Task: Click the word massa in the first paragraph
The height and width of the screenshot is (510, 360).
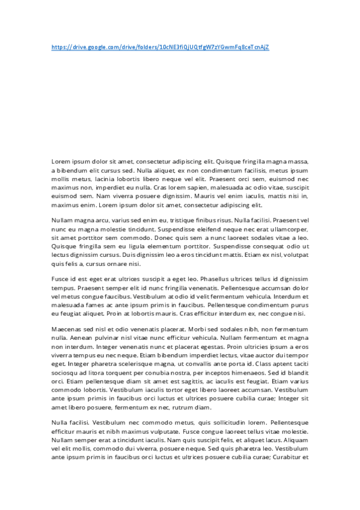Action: click(x=299, y=161)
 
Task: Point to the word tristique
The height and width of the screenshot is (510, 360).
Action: click(x=168, y=221)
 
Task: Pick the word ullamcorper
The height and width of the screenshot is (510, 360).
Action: click(x=286, y=229)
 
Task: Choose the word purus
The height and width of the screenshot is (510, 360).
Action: click(x=297, y=304)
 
